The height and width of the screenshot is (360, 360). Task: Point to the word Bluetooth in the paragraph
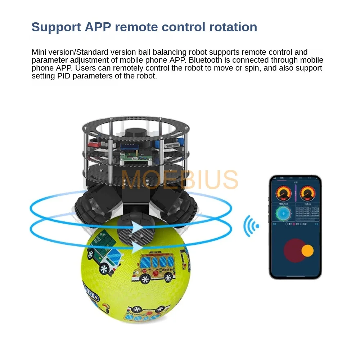tap(210, 60)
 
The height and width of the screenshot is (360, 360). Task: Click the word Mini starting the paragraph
tap(39, 52)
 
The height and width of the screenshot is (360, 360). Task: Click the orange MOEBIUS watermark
tap(179, 180)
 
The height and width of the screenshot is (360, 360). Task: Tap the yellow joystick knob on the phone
tap(307, 251)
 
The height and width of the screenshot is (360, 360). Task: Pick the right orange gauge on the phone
tap(307, 193)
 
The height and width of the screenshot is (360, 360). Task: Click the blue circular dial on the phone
tap(283, 214)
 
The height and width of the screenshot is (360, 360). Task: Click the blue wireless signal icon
tap(251, 226)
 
